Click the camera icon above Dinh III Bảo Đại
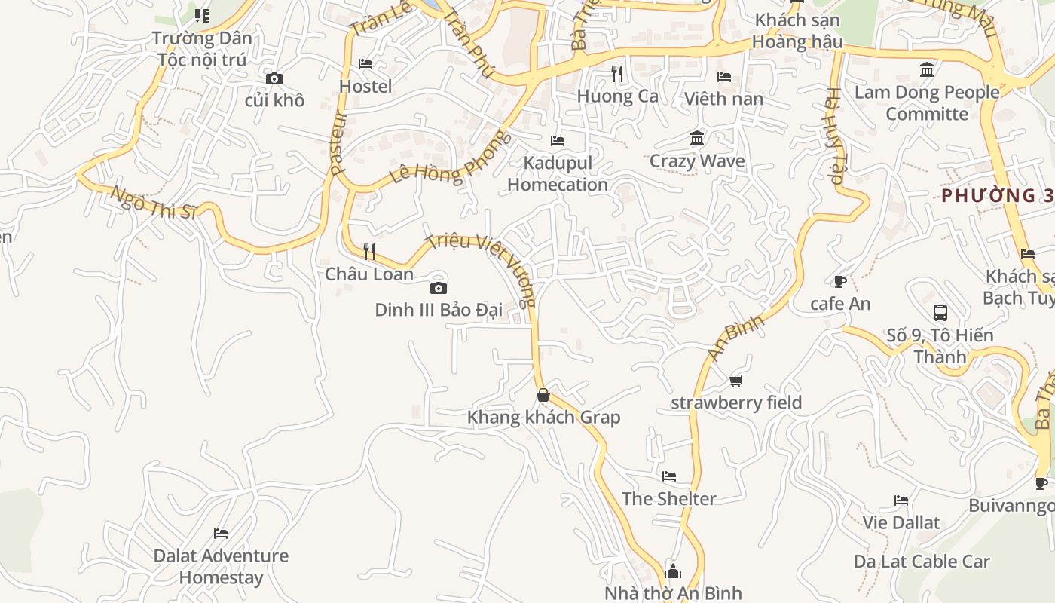click(x=438, y=288)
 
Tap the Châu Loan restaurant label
click(x=368, y=274)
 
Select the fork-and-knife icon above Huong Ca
click(x=617, y=73)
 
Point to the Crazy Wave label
click(x=697, y=161)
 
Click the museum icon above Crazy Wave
click(x=697, y=139)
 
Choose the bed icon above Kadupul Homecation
click(x=558, y=140)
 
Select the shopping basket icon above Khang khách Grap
click(x=543, y=395)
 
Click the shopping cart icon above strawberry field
click(x=735, y=381)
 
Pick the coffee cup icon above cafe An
click(x=839, y=282)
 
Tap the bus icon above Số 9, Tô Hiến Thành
click(x=940, y=312)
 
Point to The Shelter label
click(x=668, y=498)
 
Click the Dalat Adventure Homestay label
click(x=221, y=567)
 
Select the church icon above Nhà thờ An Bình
click(x=673, y=571)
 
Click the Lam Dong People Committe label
click(x=927, y=103)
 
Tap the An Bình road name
click(x=735, y=337)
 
